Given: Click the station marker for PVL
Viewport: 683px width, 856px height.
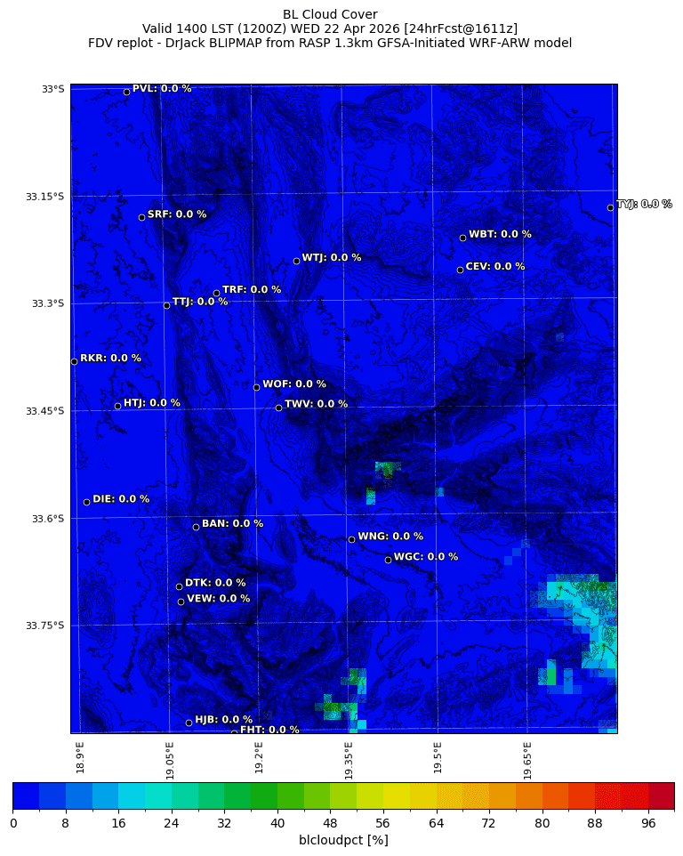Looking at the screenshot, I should (126, 92).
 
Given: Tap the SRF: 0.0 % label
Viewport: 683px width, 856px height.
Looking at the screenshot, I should (176, 214).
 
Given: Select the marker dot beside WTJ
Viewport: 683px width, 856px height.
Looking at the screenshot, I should (296, 261).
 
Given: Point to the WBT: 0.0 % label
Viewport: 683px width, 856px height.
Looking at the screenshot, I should (500, 234).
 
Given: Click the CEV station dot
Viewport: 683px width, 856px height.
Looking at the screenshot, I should (460, 270).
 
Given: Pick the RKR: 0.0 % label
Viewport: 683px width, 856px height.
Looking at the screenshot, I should (110, 359).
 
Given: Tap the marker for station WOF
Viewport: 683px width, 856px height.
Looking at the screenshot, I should (256, 387).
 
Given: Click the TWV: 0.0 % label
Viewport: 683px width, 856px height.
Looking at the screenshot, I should (316, 404).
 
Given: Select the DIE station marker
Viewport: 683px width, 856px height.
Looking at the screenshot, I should (86, 502).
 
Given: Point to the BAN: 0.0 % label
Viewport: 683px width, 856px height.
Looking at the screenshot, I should (232, 524).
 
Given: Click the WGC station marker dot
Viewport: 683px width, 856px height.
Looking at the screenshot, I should (388, 560).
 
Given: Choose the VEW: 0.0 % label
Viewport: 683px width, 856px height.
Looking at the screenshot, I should (218, 599).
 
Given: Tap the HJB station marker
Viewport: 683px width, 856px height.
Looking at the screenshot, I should (189, 723).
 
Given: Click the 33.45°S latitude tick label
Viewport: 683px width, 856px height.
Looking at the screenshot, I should (45, 411).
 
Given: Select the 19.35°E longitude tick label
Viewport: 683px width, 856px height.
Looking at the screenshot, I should (349, 761).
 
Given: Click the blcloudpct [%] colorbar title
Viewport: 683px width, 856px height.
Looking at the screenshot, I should (343, 840).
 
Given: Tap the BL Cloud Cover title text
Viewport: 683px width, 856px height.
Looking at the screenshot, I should (330, 14).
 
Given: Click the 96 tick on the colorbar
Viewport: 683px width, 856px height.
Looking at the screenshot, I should (647, 823).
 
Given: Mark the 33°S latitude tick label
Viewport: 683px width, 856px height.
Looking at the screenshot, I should (52, 89).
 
